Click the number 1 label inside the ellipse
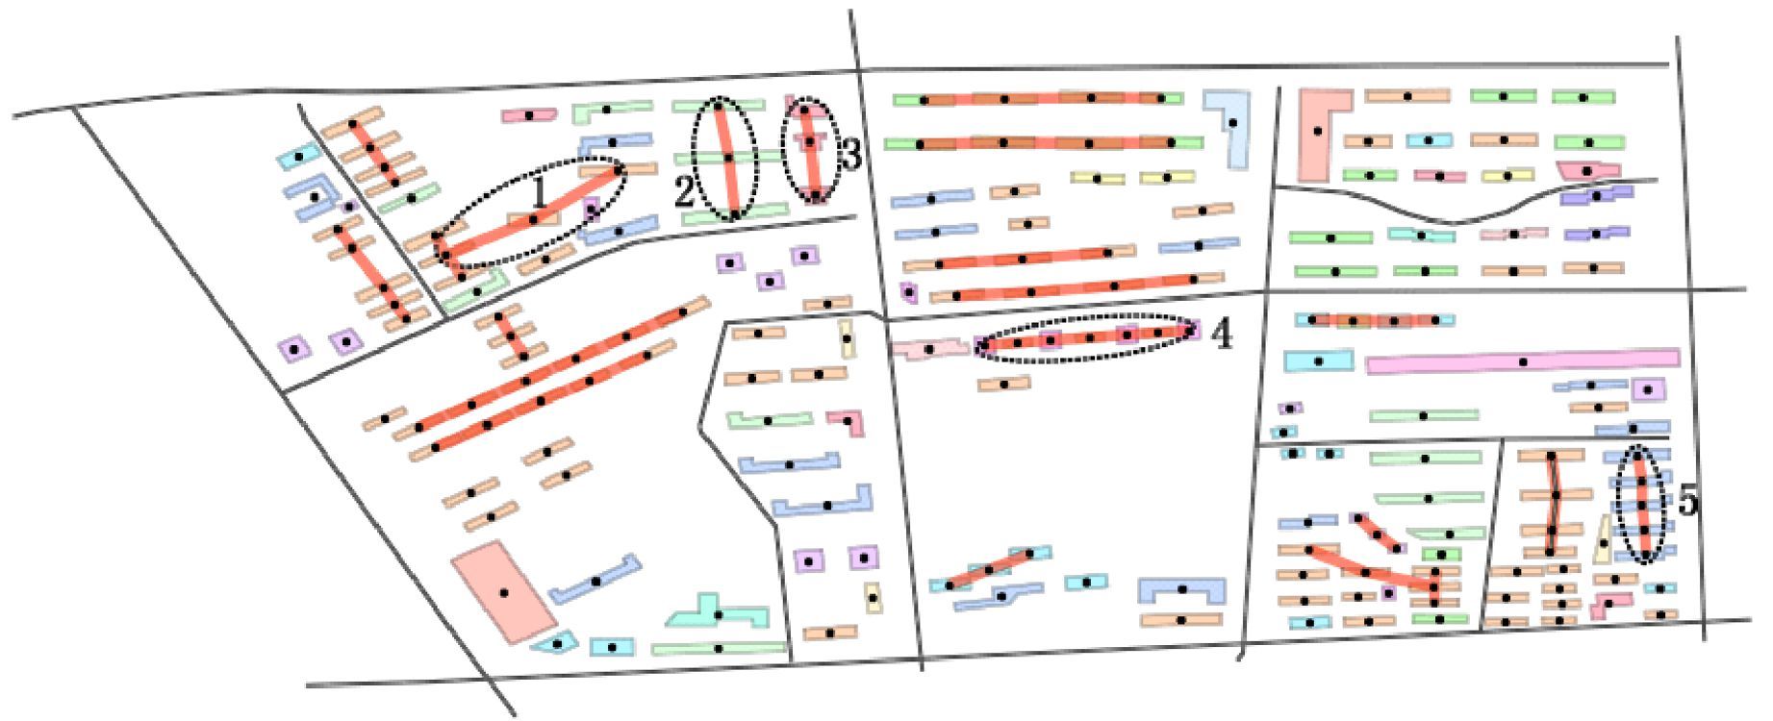pyautogui.click(x=540, y=192)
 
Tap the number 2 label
pyautogui.click(x=684, y=192)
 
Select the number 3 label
pyautogui.click(x=849, y=155)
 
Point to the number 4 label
pyautogui.click(x=1222, y=335)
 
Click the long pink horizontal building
pyautogui.click(x=1522, y=361)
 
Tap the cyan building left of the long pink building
pyautogui.click(x=1318, y=361)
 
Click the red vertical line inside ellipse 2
pyautogui.click(x=727, y=159)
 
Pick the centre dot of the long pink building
pyautogui.click(x=1522, y=361)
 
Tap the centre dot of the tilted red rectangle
pyautogui.click(x=504, y=592)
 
